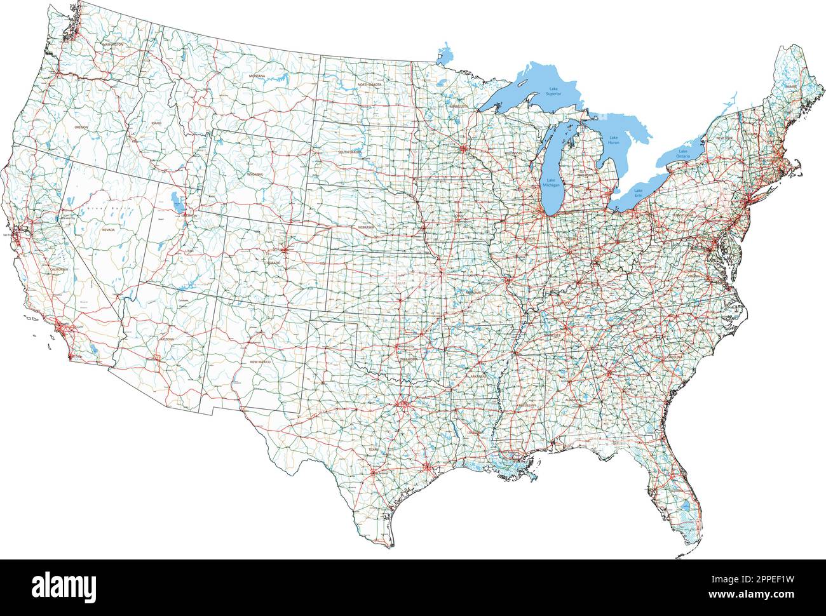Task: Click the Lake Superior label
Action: point(553,91)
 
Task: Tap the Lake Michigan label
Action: point(550,183)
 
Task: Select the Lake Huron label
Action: point(614,140)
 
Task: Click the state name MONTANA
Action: point(257,76)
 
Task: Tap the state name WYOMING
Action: point(255,173)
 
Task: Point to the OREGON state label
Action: point(81,128)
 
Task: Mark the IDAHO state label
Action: point(156,123)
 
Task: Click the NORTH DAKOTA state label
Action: point(369,84)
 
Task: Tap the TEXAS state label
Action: point(372,449)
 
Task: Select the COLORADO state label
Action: point(272,262)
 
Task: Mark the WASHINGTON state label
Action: point(112,45)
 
